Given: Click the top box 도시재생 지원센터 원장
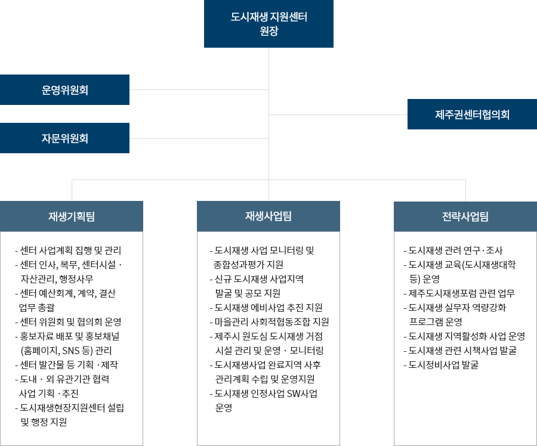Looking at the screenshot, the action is pos(268,24).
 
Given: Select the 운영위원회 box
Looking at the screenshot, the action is pos(64,89).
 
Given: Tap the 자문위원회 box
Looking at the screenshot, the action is pos(64,138).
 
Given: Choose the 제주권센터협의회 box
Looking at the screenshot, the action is pos(473,114).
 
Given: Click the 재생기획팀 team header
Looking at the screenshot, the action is pos(72,216).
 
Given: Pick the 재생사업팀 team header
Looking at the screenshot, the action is pos(268,216).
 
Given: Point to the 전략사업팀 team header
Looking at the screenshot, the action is pos(465,216).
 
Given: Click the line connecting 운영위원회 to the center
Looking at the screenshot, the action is pos(199,89).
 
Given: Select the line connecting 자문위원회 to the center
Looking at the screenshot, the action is pos(199,138).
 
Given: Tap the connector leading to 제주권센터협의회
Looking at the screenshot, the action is pos(338,114).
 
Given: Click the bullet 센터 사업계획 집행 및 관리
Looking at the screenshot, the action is pos(68,250).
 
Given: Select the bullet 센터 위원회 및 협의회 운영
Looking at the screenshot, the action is pos(68,322).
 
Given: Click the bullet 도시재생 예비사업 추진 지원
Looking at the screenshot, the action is pos(266,308).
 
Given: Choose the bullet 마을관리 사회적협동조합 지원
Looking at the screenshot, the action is pos(269,322).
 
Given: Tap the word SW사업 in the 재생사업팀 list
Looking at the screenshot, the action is pos(302,394).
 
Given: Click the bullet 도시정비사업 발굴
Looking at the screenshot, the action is pos(441,365).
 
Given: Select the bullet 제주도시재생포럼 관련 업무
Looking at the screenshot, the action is pos(459,293).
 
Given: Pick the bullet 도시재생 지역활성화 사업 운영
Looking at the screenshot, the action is pos(464,336).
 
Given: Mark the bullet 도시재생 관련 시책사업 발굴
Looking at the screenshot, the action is pos(460,351).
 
